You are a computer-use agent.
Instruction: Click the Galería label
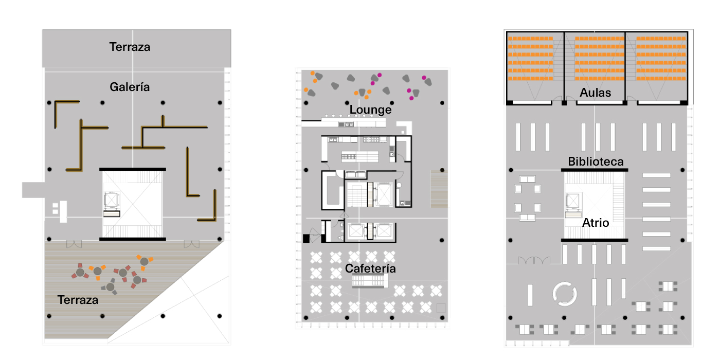[130, 87]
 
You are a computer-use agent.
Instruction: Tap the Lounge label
[370, 110]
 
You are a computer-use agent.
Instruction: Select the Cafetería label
[370, 268]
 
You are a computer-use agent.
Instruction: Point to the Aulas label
[595, 93]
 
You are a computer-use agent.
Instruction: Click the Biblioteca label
[596, 161]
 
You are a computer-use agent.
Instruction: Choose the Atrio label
[596, 223]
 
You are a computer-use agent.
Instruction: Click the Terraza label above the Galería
[130, 47]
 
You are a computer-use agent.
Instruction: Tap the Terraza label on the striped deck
[78, 300]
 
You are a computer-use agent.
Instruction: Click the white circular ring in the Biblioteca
[566, 294]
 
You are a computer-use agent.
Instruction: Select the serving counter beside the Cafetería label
[369, 281]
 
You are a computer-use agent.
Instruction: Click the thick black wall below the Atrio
[595, 240]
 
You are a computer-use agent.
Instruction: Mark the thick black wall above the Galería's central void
[133, 169]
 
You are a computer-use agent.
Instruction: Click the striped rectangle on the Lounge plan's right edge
[439, 188]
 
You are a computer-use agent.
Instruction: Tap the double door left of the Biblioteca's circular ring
[534, 261]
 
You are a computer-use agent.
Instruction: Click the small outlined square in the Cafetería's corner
[440, 308]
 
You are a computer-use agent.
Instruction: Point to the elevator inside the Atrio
[572, 201]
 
